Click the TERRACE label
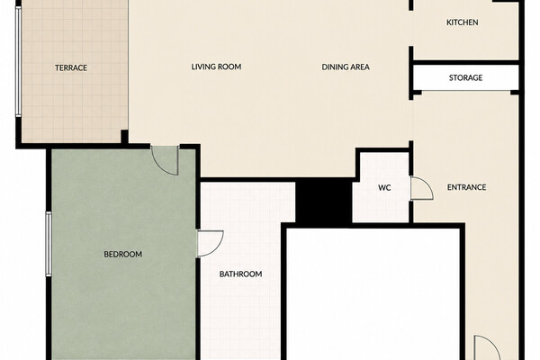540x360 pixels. (x=71, y=67)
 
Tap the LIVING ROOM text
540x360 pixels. (x=216, y=67)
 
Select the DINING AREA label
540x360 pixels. (x=346, y=67)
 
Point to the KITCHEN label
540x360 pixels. (x=463, y=22)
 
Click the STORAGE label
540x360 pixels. (x=465, y=78)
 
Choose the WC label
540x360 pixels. (x=384, y=188)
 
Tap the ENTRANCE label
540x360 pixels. (x=466, y=187)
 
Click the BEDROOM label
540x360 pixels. (x=123, y=254)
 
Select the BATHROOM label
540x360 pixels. (x=240, y=274)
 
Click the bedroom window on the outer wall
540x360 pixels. (x=49, y=244)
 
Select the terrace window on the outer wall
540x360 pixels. (x=19, y=61)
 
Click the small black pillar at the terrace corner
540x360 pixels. (x=125, y=137)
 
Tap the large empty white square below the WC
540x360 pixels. (x=373, y=294)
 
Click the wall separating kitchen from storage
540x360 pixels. (x=465, y=62)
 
